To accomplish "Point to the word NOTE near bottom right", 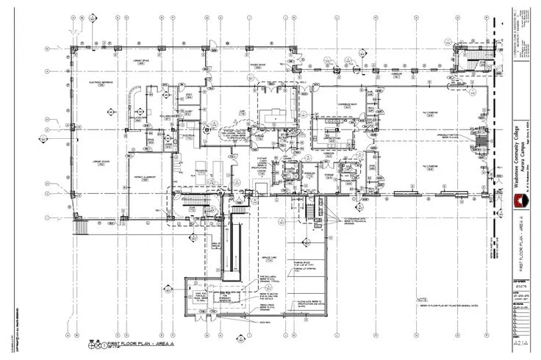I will pyautogui.click(x=422, y=299).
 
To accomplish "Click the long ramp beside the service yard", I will pyautogui.click(x=238, y=246).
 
